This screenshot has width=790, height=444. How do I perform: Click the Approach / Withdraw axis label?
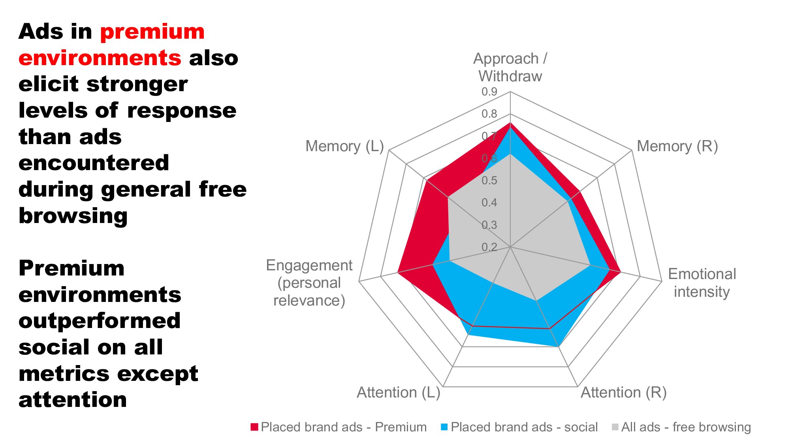coord(510,67)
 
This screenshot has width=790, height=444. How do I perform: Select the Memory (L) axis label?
coord(344,146)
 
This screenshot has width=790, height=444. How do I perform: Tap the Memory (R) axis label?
coord(677,146)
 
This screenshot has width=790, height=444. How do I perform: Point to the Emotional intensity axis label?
coord(702,283)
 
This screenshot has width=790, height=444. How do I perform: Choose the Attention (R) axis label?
coord(623,392)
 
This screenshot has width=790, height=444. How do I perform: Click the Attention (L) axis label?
coord(398,392)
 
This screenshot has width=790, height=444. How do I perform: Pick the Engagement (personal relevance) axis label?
coord(309,283)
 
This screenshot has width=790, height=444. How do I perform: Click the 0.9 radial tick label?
coord(489,92)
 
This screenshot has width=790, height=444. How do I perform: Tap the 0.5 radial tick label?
coord(489,180)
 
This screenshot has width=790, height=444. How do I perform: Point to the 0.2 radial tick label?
coord(489,247)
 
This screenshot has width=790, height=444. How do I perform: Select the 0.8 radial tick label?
coord(489,114)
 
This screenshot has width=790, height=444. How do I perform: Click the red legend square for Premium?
coord(254,427)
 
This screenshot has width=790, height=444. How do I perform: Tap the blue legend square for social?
coord(444,427)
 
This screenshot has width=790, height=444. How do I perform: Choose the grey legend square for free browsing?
coord(615,427)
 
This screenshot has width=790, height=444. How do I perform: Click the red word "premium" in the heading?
coord(152,32)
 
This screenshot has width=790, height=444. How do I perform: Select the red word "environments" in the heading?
coord(100,58)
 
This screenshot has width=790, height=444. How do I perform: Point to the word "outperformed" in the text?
coord(100,320)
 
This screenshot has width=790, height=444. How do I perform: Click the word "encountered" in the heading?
coord(94,163)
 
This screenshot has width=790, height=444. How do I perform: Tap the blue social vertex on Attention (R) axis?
coord(558,347)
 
